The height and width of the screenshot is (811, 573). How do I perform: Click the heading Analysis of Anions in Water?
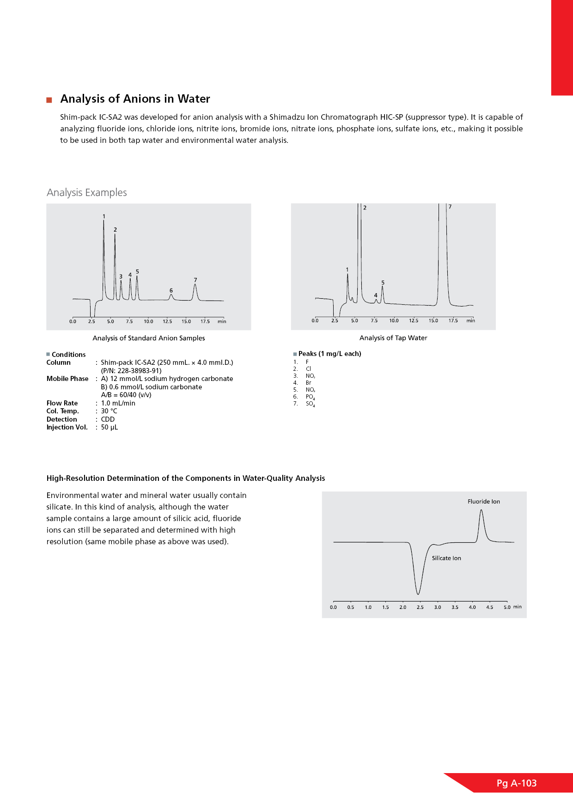(x=135, y=99)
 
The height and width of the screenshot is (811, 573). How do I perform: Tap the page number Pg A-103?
(x=516, y=783)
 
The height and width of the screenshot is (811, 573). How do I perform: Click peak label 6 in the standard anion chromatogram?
(x=171, y=290)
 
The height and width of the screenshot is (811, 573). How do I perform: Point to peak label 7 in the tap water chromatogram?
(x=450, y=207)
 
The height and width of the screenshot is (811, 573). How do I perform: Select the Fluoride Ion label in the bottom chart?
(x=483, y=502)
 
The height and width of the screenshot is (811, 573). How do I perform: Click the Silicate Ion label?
(x=446, y=559)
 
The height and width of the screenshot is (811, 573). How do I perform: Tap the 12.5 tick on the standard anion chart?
(x=167, y=321)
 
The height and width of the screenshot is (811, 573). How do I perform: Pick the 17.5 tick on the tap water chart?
(x=453, y=320)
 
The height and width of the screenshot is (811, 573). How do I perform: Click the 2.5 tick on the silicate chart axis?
(x=420, y=607)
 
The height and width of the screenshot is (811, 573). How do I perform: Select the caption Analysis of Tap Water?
(x=393, y=338)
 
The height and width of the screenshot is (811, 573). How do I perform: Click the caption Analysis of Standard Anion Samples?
(x=149, y=338)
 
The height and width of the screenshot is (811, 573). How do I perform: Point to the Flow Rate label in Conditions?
(x=62, y=403)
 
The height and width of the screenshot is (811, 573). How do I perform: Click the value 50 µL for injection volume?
(x=110, y=427)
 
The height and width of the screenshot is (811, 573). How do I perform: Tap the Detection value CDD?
(x=108, y=419)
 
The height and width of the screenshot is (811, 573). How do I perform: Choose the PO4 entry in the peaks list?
(x=310, y=397)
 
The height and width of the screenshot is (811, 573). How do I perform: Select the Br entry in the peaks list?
(x=308, y=383)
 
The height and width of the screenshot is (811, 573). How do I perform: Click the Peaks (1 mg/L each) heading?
(x=329, y=354)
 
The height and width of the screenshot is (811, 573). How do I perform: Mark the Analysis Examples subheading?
(x=87, y=193)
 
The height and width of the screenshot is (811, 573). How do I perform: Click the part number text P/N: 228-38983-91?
(x=131, y=371)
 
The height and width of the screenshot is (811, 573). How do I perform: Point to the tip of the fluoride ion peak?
(x=482, y=510)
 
